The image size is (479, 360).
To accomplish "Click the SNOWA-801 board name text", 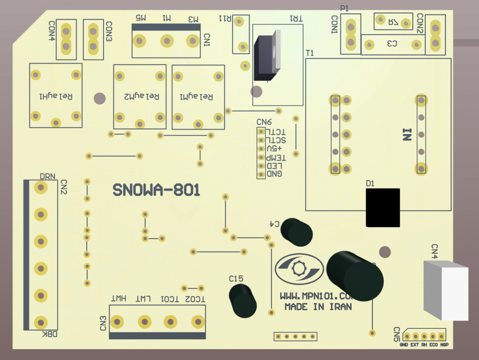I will click(x=156, y=191).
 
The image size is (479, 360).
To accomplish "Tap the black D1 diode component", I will click(x=383, y=208).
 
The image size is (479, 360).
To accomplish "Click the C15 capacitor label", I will click(x=236, y=279).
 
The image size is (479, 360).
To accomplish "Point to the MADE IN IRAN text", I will click(x=318, y=307).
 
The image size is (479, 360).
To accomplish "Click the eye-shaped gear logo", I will click(x=299, y=269).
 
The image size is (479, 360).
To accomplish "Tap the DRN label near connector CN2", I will click(x=48, y=177).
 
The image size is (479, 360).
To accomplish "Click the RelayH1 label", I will click(x=55, y=97).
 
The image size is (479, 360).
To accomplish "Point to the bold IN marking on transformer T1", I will click(x=407, y=136).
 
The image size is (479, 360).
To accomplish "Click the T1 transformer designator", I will click(x=310, y=53).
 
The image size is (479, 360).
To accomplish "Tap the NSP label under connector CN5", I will click(x=444, y=345).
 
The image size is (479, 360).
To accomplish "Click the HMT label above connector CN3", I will click(x=119, y=299).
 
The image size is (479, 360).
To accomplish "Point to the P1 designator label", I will click(x=344, y=8).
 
